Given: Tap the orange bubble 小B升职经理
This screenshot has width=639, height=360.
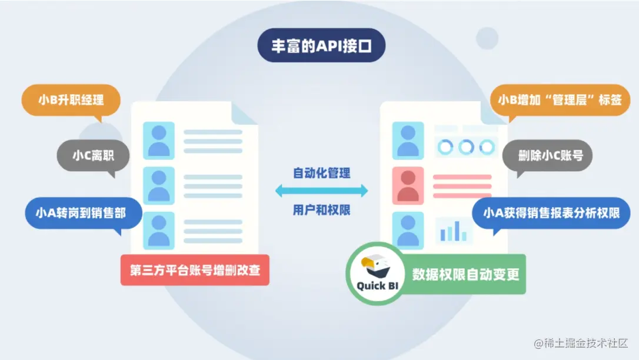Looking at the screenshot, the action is coord(71,100).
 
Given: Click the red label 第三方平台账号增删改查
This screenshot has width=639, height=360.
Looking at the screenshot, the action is coord(195,270).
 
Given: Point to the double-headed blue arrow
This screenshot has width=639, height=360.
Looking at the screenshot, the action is coord(321,190).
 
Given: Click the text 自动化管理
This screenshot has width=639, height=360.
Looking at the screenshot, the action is coord(321,174).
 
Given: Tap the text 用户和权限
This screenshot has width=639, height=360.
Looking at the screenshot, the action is coord(321,209).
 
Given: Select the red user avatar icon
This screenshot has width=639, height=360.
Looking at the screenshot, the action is coord(408,185).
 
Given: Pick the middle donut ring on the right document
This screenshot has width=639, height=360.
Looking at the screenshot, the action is coord(466,146).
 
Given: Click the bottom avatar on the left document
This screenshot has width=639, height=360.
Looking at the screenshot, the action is coord(159,231).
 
